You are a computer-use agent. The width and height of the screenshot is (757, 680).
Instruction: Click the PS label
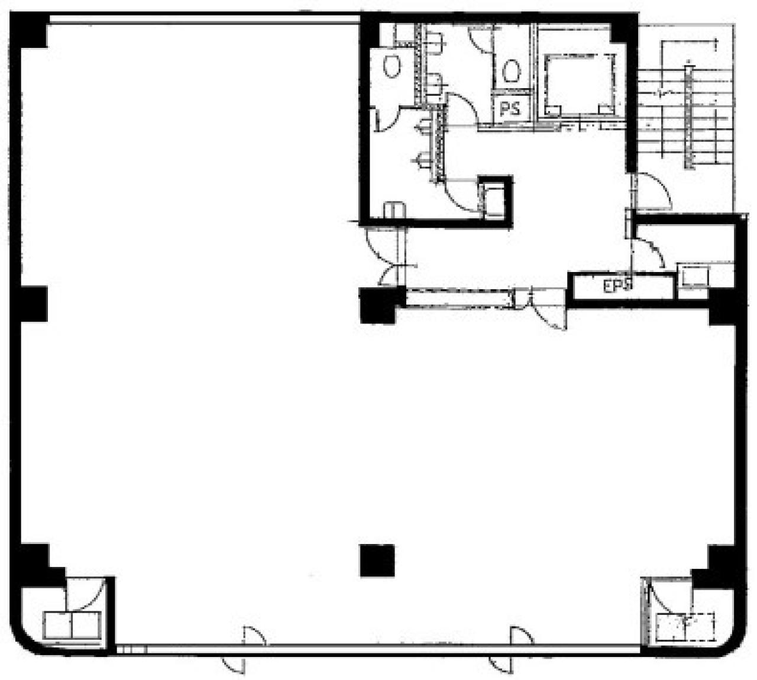pyautogui.click(x=510, y=109)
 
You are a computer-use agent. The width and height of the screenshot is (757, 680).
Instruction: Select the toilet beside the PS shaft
pyautogui.click(x=511, y=71)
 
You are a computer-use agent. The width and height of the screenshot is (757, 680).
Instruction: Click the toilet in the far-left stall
pyautogui.click(x=392, y=66)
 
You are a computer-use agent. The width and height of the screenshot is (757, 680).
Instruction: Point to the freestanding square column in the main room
pyautogui.click(x=377, y=561)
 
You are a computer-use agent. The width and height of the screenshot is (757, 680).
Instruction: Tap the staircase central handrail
pyautogui.click(x=688, y=116)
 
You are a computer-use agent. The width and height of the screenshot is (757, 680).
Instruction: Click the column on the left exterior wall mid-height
pyautogui.click(x=33, y=304)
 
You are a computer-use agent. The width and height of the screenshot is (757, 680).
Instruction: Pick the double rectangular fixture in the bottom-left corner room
pyautogui.click(x=72, y=625)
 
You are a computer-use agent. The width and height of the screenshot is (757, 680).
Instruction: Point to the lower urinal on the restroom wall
pyautogui.click(x=422, y=161)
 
